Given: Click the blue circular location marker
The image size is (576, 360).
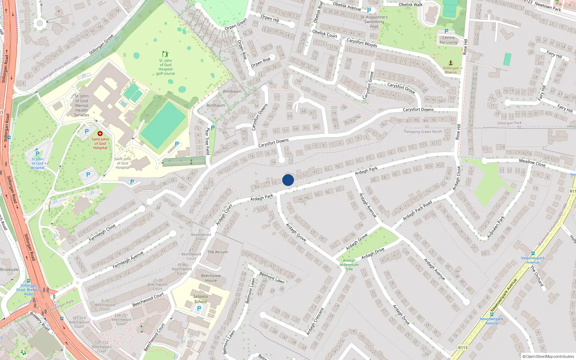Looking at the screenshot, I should [x=288, y=180].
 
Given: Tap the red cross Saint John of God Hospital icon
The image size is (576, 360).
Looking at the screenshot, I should [x=100, y=134].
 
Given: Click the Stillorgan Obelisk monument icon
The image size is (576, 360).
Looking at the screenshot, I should [x=451, y=63].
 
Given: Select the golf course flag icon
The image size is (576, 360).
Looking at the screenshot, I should [x=165, y=54].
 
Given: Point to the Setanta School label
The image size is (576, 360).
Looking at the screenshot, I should [x=201, y=299].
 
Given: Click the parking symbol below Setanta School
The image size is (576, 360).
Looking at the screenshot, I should [x=199, y=309].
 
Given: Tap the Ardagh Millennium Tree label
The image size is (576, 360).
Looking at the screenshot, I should [x=349, y=265].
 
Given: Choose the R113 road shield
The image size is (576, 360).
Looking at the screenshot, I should [x=463, y=347].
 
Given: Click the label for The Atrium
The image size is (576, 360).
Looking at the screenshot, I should [x=217, y=252].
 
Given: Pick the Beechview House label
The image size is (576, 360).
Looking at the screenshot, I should [x=211, y=278].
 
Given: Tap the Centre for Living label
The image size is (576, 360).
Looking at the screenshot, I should [x=448, y=40].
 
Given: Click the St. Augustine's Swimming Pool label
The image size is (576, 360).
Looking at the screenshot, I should [x=374, y=22].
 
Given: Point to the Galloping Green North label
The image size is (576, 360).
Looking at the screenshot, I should [x=423, y=131].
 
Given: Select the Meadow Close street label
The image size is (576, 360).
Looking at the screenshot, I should [x=532, y=163].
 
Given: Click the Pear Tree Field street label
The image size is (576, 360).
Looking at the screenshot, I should [x=207, y=141].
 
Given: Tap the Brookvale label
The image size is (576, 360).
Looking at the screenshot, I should [x=9, y=269].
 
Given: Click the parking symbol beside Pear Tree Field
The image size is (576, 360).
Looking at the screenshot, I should [x=213, y=127].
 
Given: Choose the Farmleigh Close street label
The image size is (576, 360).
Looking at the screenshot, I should [x=102, y=233].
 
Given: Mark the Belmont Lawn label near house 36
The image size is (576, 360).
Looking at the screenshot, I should [x=272, y=277].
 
